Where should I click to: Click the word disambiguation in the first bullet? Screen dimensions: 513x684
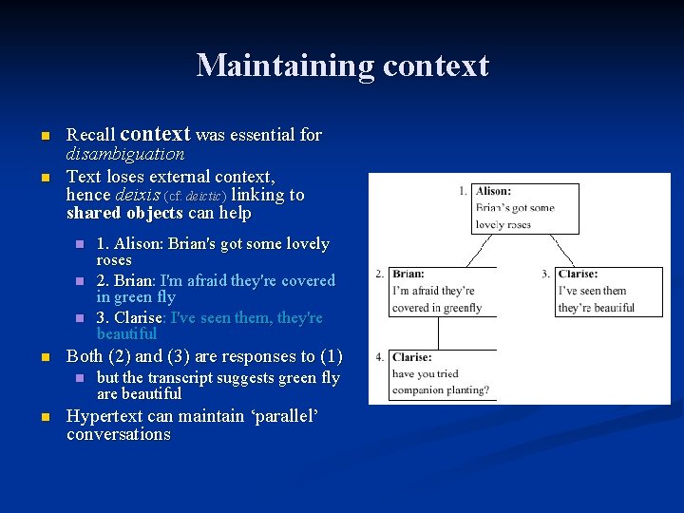(125, 154)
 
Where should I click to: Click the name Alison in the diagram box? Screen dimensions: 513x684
(493, 191)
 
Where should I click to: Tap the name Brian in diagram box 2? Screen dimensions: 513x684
(408, 274)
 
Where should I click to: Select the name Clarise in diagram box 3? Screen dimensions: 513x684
(578, 274)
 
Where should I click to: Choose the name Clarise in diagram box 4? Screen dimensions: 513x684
(411, 357)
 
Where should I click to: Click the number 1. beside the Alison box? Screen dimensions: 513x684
(462, 191)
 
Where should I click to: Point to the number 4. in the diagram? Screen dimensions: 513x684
(379, 357)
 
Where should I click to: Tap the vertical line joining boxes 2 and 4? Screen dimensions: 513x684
(438, 332)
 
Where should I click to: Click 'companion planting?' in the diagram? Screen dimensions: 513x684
(440, 390)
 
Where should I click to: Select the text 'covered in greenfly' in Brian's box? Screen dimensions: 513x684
(436, 308)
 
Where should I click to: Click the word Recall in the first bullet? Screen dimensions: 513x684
(91, 136)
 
